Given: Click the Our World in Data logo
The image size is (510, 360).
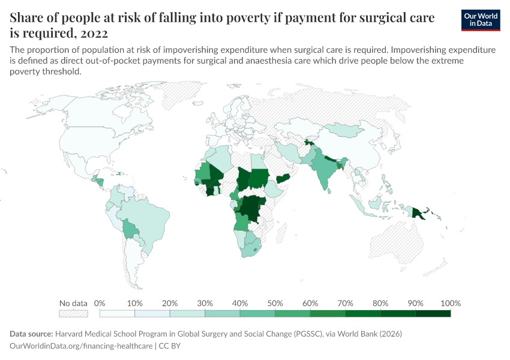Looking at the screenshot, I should (481, 20).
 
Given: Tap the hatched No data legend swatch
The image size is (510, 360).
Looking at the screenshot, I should (73, 313).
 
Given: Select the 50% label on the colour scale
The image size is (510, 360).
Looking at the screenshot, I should (275, 303).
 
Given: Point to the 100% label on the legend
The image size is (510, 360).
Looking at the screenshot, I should (450, 303).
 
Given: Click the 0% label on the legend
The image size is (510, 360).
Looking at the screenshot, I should (100, 303).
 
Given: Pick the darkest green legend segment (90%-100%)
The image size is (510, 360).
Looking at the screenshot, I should (433, 313).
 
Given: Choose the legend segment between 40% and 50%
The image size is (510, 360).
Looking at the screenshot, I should (257, 313).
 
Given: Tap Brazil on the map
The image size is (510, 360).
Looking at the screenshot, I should (147, 219).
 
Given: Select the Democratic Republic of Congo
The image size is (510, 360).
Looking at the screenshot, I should (251, 207).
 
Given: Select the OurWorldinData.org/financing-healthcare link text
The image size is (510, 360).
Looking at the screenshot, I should (81, 346).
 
